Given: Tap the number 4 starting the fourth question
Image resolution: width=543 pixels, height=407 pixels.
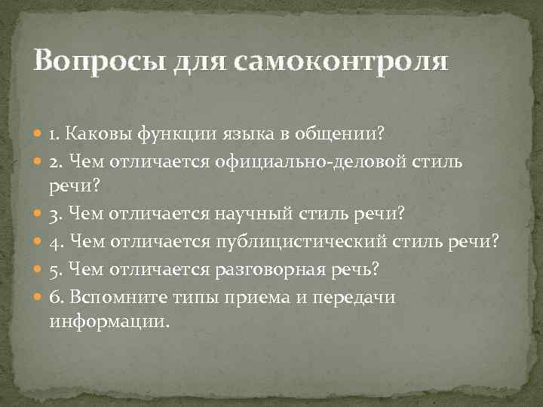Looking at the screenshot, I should click(54, 241).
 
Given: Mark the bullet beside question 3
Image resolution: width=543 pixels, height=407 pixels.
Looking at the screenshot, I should click(38, 215).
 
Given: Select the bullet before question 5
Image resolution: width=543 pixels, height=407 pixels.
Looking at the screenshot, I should click(38, 268).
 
